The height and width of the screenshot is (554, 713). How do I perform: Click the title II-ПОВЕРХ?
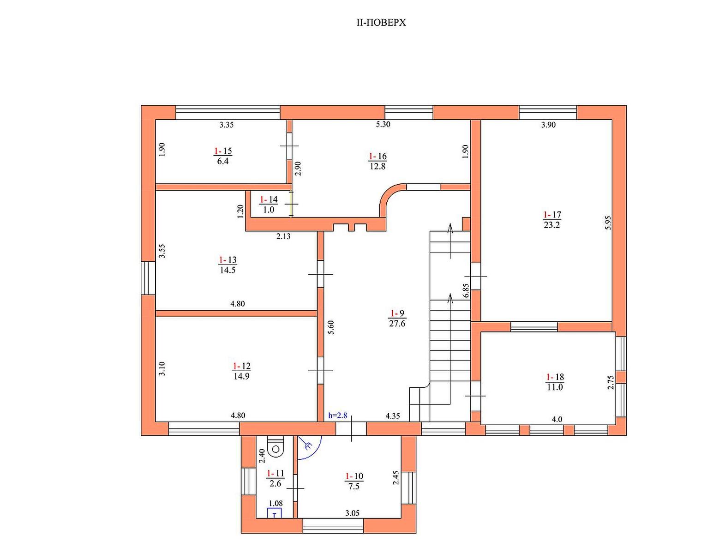tap(381, 23)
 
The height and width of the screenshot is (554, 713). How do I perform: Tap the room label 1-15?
tap(223, 151)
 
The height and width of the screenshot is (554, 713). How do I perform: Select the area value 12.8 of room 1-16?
tap(377, 166)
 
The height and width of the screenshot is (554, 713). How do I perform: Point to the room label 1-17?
tap(552, 215)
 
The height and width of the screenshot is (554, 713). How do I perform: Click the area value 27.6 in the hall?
tap(397, 324)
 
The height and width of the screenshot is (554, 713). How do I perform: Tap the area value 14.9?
tap(241, 376)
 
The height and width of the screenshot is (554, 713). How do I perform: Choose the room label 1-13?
tap(228, 260)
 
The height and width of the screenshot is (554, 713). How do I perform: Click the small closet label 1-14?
tap(269, 199)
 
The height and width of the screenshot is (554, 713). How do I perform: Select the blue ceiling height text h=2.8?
tap(338, 415)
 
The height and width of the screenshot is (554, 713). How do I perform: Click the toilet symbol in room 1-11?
tap(276, 447)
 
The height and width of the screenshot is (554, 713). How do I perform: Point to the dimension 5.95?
tap(608, 223)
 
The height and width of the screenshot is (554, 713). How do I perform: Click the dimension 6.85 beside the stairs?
tap(466, 291)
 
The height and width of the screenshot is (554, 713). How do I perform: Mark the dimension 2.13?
tap(283, 236)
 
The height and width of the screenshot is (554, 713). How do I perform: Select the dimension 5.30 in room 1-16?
tap(383, 125)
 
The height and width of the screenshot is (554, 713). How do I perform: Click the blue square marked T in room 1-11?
tap(275, 512)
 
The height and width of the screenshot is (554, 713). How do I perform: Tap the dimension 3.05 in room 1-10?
tap(353, 513)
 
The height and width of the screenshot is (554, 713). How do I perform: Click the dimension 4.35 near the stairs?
tap(393, 416)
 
